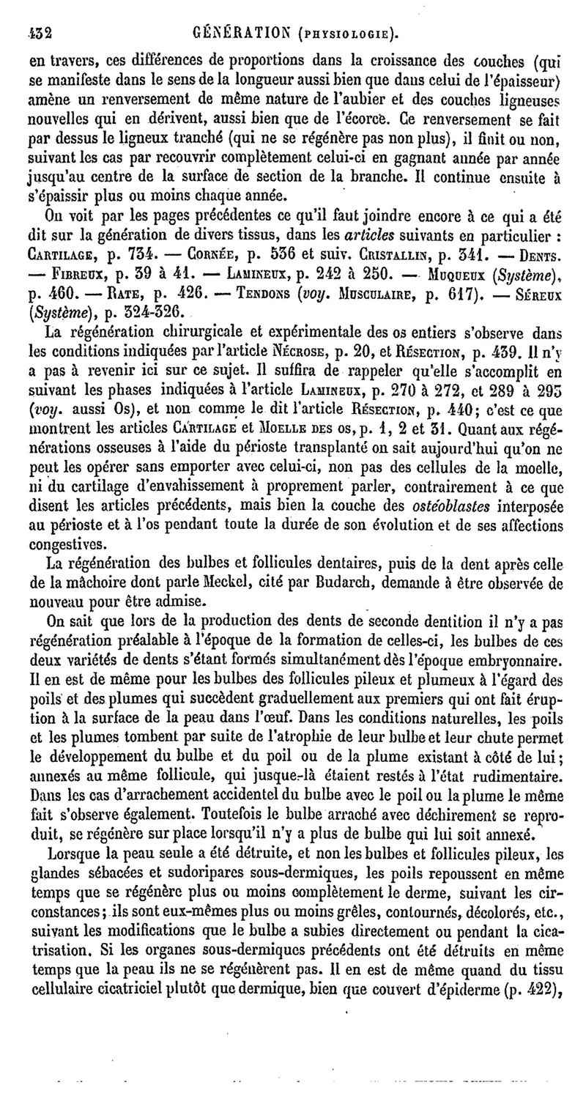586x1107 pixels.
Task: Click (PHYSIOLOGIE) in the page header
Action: coord(342,12)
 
